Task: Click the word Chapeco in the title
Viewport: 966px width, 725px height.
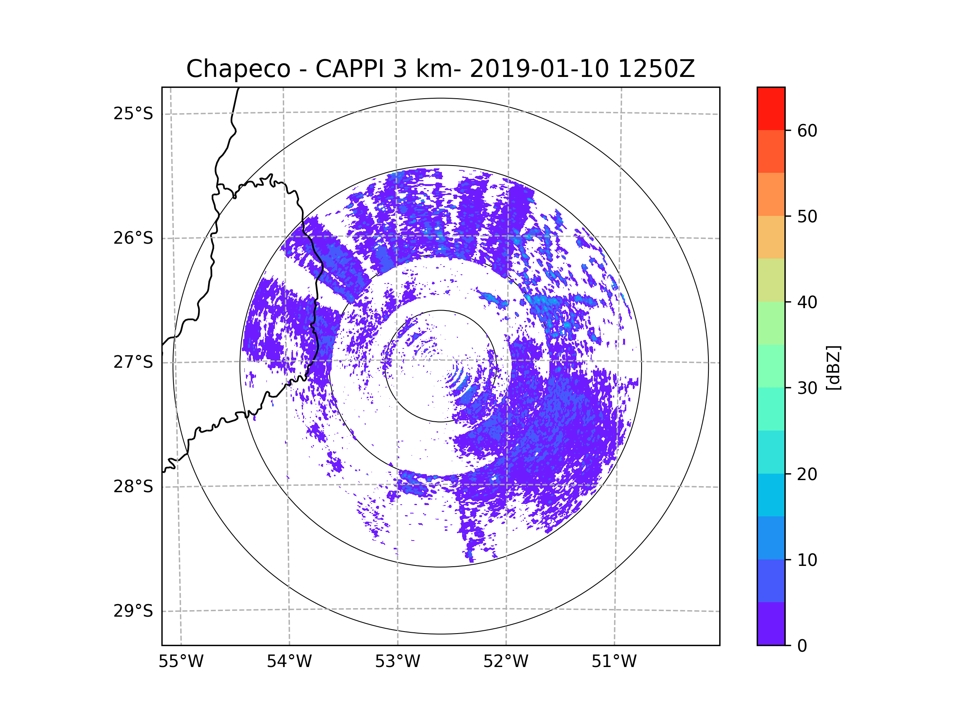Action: coord(238,69)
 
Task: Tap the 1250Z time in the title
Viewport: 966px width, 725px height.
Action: coord(656,69)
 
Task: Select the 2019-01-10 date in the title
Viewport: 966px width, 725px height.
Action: coord(539,69)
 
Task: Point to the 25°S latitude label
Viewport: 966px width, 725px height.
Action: coord(133,114)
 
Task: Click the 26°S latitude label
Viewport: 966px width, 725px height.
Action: coord(133,238)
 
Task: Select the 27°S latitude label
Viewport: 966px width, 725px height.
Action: coord(133,362)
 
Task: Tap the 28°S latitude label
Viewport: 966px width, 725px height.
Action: coord(133,487)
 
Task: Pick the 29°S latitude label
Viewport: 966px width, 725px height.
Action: coord(133,611)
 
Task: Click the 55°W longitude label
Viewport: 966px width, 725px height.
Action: coord(181,662)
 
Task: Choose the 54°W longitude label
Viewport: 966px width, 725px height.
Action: coord(289,662)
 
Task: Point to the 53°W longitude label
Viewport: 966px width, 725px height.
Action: coord(397,662)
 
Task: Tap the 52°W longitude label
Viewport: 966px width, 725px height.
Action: coord(506,662)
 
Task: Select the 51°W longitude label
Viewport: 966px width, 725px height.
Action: coord(614,662)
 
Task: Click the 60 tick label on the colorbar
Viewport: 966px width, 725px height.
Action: coord(807,130)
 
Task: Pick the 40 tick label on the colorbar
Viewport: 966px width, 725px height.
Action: coord(807,302)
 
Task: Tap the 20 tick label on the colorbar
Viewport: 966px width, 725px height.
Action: coord(807,474)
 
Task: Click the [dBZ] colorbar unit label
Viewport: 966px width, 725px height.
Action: coord(833,367)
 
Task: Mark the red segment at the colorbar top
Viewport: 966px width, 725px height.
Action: coord(771,108)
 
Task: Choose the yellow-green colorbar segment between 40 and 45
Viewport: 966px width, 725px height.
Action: coord(771,280)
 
